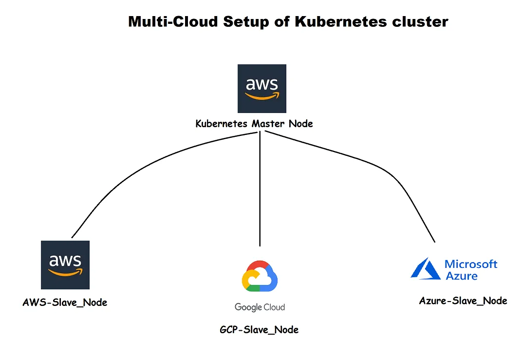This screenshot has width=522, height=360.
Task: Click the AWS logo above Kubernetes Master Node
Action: coord(261,89)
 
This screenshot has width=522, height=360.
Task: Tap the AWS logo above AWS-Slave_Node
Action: coord(65,265)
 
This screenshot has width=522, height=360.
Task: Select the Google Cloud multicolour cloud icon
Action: coord(260,276)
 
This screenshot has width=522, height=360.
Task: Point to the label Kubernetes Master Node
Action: coord(254,124)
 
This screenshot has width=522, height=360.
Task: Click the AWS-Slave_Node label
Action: coord(65,303)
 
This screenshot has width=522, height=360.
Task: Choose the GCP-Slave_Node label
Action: coord(259,330)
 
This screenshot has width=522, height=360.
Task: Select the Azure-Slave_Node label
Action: coord(463,301)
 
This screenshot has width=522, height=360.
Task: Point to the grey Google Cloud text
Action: coord(260,307)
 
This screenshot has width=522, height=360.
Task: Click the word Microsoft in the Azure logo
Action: coord(471,265)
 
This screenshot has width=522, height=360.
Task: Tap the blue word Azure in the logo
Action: coord(462,276)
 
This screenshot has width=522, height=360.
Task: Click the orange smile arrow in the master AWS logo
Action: coord(263,97)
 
